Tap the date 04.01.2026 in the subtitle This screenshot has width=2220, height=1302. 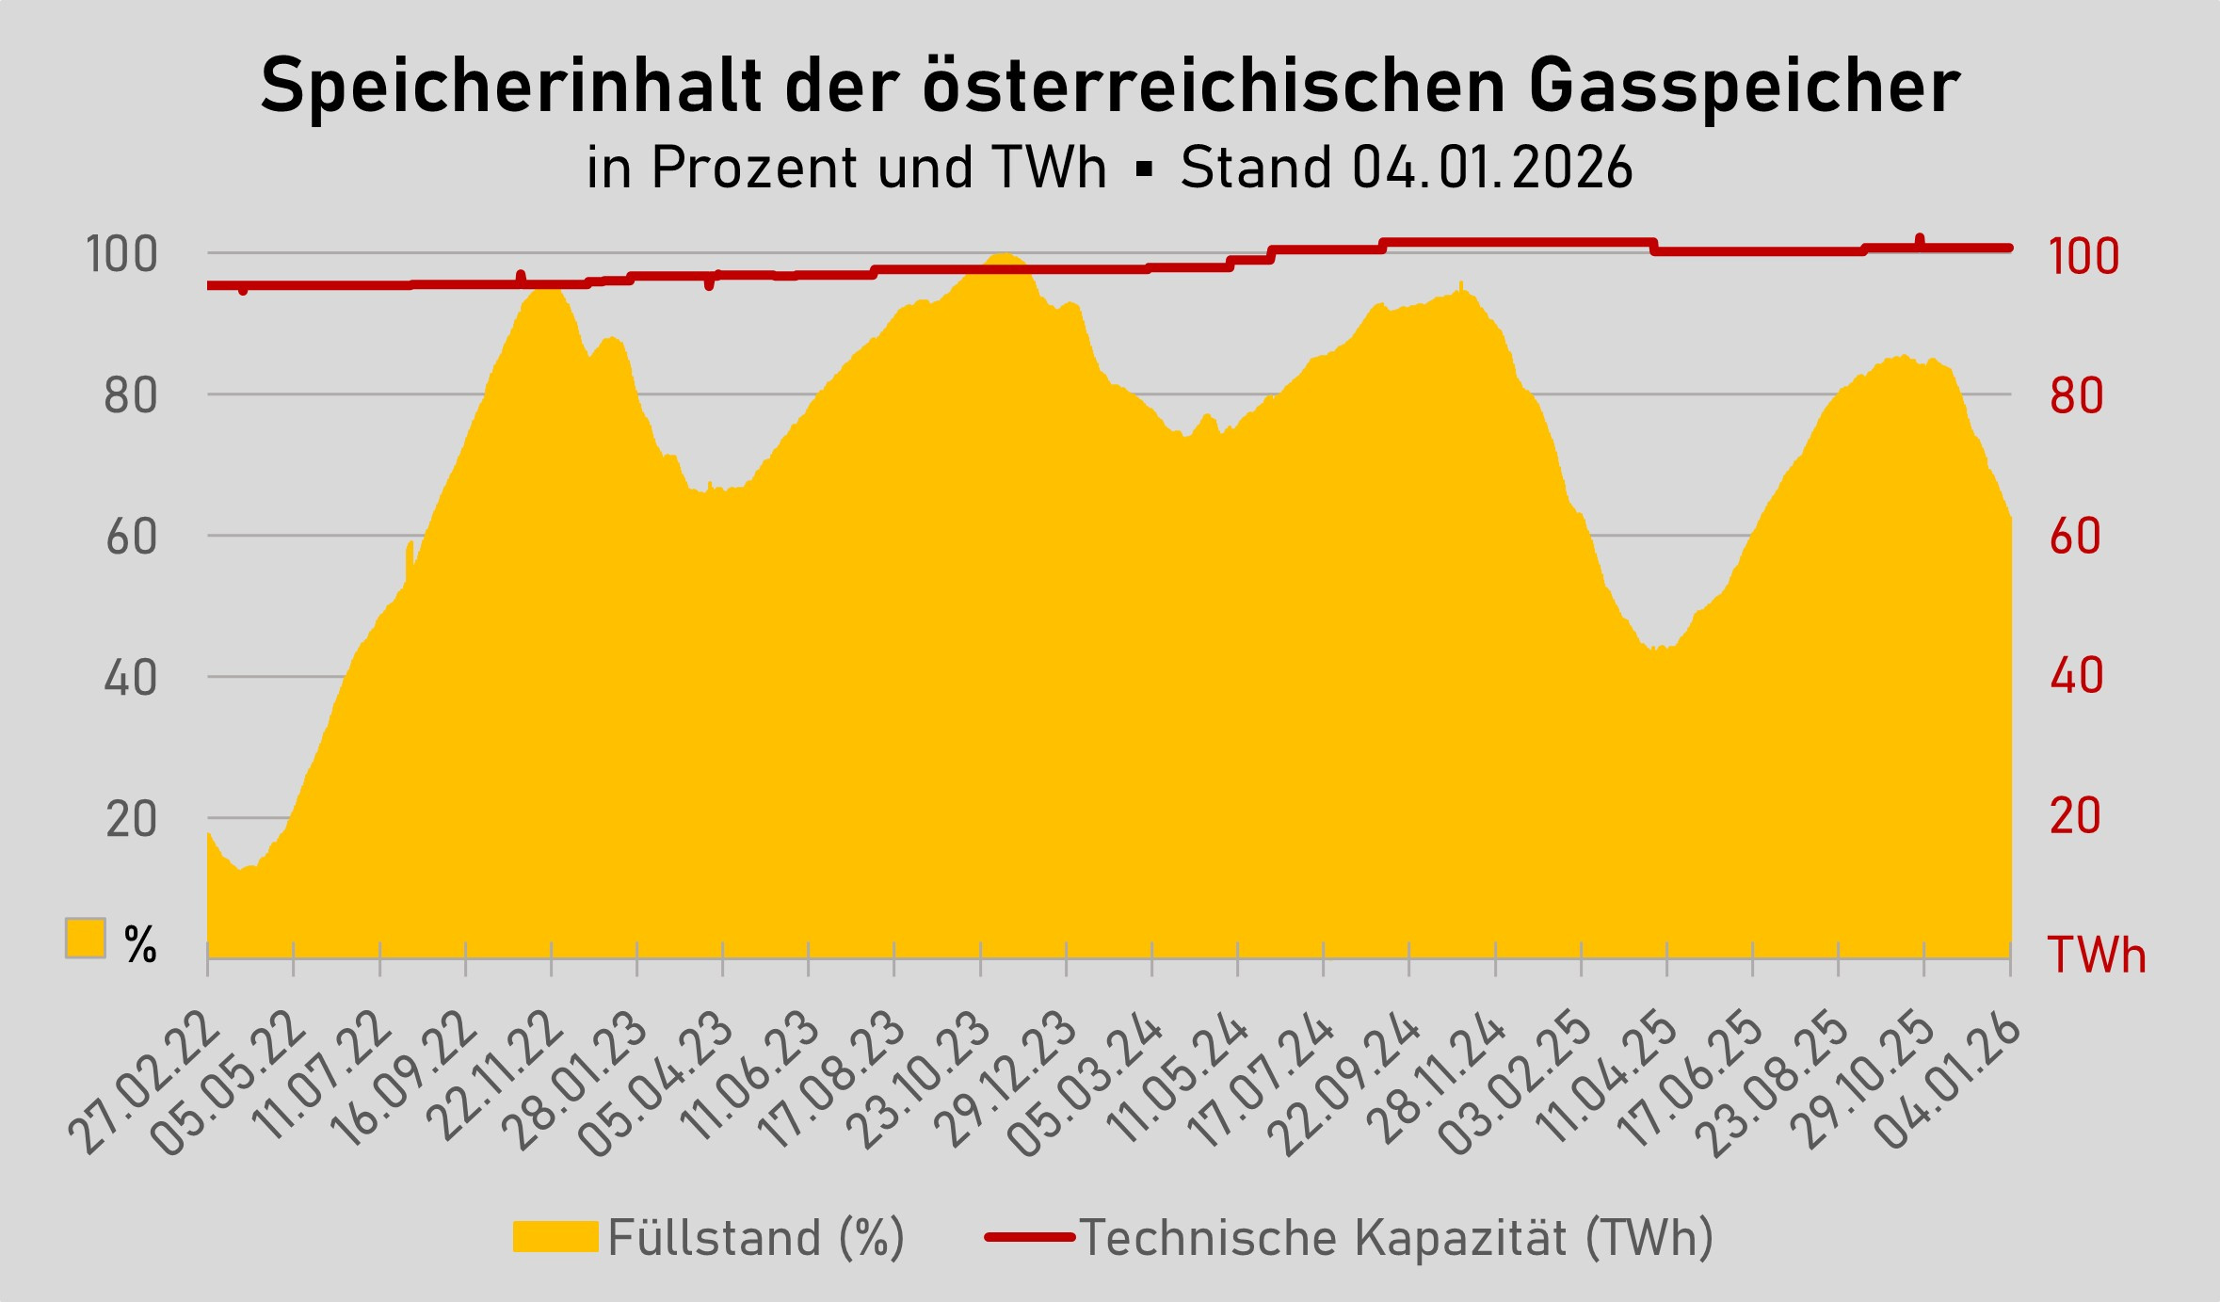coord(1493,169)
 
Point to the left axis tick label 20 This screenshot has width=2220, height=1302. coord(131,819)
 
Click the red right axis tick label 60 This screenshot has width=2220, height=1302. coord(2076,537)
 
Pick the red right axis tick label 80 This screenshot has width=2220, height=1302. coord(2076,396)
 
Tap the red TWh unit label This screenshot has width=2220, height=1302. coord(2096,955)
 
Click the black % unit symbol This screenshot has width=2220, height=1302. coord(140,944)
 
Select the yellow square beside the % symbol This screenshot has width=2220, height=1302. coord(85,938)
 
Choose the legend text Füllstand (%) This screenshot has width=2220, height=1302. coord(756,1237)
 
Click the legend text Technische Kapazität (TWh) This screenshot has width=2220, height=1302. coord(1396,1237)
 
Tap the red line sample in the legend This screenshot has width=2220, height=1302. coord(1029,1237)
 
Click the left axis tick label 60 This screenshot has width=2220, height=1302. coord(131,537)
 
